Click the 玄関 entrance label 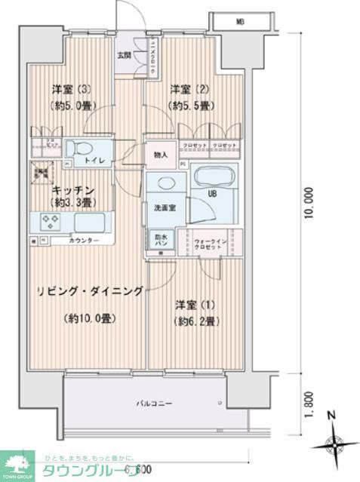(123, 54)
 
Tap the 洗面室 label (167, 207)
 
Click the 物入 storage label (161, 155)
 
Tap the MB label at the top (238, 22)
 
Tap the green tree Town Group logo (17, 463)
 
